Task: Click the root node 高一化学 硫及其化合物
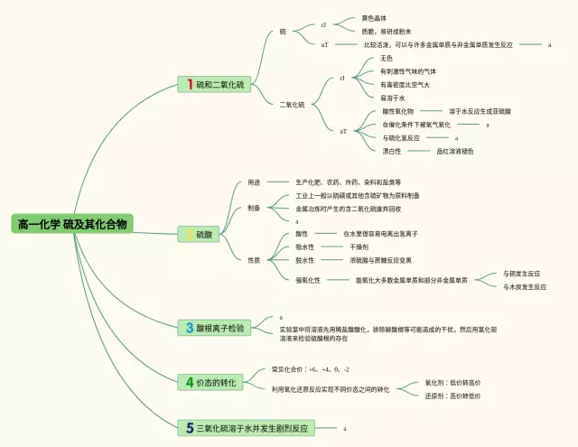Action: [x=73, y=224]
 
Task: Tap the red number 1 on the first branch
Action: [x=190, y=84]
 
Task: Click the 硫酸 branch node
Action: [x=205, y=235]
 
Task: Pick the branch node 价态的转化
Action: [x=216, y=383]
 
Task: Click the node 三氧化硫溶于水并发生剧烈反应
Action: [x=252, y=427]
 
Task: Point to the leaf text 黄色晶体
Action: [x=376, y=17]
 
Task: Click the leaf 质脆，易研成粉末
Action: [x=386, y=31]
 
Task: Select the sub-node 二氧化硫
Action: [x=292, y=105]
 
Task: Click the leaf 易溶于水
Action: [x=393, y=98]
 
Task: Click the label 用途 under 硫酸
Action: [x=255, y=182]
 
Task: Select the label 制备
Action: [x=255, y=208]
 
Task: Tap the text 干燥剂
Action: [x=359, y=247]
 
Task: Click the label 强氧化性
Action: [x=308, y=280]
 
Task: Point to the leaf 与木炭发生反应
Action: [x=525, y=286]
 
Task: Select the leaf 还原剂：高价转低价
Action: [x=452, y=396]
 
